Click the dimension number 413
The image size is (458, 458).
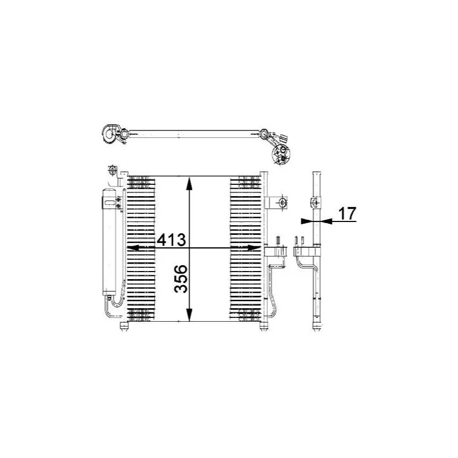(171, 240)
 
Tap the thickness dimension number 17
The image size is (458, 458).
(348, 213)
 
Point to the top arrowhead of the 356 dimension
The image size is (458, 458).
(189, 184)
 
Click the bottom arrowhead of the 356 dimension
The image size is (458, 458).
(189, 314)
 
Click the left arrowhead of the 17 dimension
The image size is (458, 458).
(307, 221)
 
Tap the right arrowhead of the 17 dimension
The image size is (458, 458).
(326, 221)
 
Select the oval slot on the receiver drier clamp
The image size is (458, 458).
(109, 203)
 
